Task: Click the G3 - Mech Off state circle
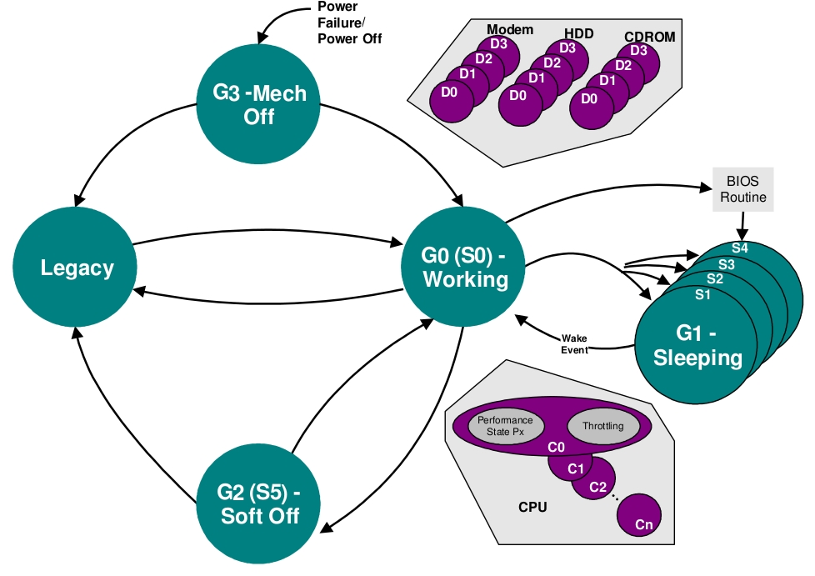tap(258, 104)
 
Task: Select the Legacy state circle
tap(77, 268)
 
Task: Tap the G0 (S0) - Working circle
tap(465, 267)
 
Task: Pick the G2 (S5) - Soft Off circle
tap(259, 504)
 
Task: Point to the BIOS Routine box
tap(742, 189)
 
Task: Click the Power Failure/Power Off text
tap(349, 23)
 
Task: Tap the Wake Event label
tap(574, 344)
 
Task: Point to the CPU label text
tap(532, 506)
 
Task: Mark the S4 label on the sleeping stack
tap(739, 248)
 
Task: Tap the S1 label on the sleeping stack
tap(703, 294)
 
